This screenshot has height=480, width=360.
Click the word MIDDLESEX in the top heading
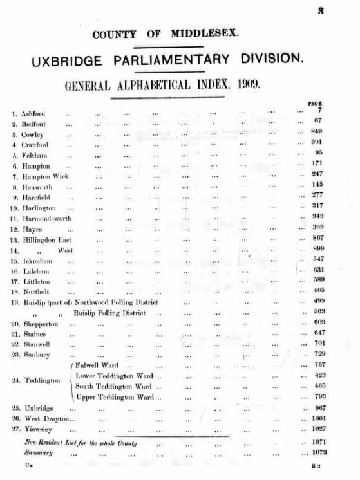click(x=205, y=33)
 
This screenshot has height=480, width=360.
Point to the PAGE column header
click(x=316, y=103)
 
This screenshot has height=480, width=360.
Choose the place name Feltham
click(x=35, y=155)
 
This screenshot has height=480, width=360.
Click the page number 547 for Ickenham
click(x=316, y=259)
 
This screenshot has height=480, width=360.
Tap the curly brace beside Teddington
click(x=71, y=381)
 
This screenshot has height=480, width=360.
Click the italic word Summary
click(x=39, y=452)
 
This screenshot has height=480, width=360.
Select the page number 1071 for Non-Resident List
click(x=316, y=443)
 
